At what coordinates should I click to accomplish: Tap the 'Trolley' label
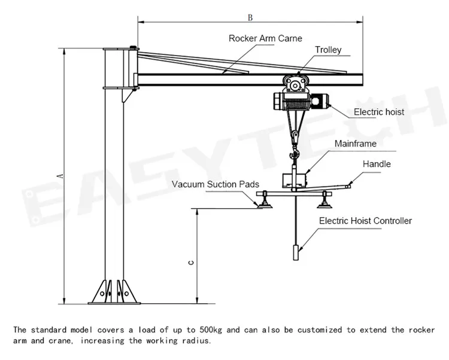[x=328, y=50]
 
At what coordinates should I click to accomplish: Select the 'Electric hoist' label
[x=378, y=112]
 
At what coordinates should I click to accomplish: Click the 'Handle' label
[x=377, y=164]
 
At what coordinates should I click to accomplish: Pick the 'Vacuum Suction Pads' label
[x=216, y=184]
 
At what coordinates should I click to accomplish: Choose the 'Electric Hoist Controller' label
[x=365, y=221]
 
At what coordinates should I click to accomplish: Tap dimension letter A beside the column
[x=59, y=175]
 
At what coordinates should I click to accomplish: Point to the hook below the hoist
[x=295, y=139]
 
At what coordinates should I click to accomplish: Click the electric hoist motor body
[x=296, y=102]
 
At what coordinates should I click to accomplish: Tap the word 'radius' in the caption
[x=197, y=341]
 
